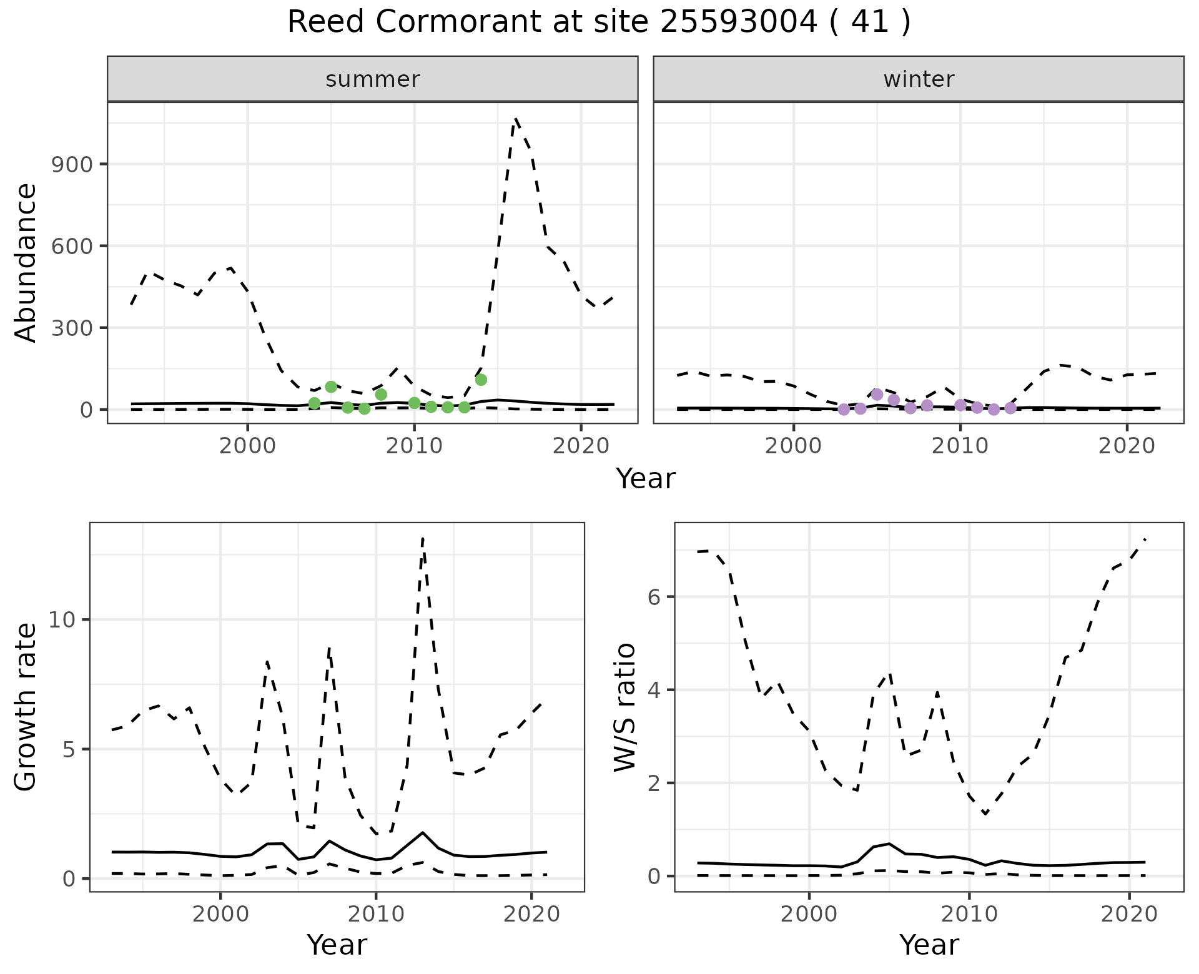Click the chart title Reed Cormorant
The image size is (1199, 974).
598,22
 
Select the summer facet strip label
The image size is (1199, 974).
372,79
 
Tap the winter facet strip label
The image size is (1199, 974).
918,79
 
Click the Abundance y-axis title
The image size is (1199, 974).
26,262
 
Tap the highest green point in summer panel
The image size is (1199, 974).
481,380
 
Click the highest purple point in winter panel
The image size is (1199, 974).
877,395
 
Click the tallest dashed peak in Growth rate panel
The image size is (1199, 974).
423,538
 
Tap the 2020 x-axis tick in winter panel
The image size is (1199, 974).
1127,447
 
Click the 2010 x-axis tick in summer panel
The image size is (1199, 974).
413,447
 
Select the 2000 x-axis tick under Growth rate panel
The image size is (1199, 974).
220,915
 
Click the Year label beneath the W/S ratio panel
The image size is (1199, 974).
929,945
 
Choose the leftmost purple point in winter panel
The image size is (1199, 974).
844,409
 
